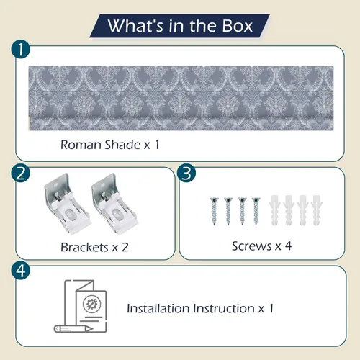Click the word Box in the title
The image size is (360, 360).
237,26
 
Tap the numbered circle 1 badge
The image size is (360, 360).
21,50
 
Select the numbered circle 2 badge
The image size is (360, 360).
21,174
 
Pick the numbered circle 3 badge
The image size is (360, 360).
186,174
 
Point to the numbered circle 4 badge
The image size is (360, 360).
21,271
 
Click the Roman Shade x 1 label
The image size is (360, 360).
110,145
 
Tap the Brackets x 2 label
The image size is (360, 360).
94,247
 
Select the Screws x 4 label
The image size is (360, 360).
261,246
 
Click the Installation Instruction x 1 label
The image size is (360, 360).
200,308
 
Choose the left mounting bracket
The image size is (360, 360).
67,204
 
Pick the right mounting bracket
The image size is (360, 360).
114,204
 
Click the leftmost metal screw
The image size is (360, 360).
214,211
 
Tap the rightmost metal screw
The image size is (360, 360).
256,211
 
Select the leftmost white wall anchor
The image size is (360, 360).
274,210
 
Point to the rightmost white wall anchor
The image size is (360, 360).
317,210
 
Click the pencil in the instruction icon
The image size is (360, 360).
73,328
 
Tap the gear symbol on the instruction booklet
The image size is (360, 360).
92,305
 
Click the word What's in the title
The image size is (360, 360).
135,26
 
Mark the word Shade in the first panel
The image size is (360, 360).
122,145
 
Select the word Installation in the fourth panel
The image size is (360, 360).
158,308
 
